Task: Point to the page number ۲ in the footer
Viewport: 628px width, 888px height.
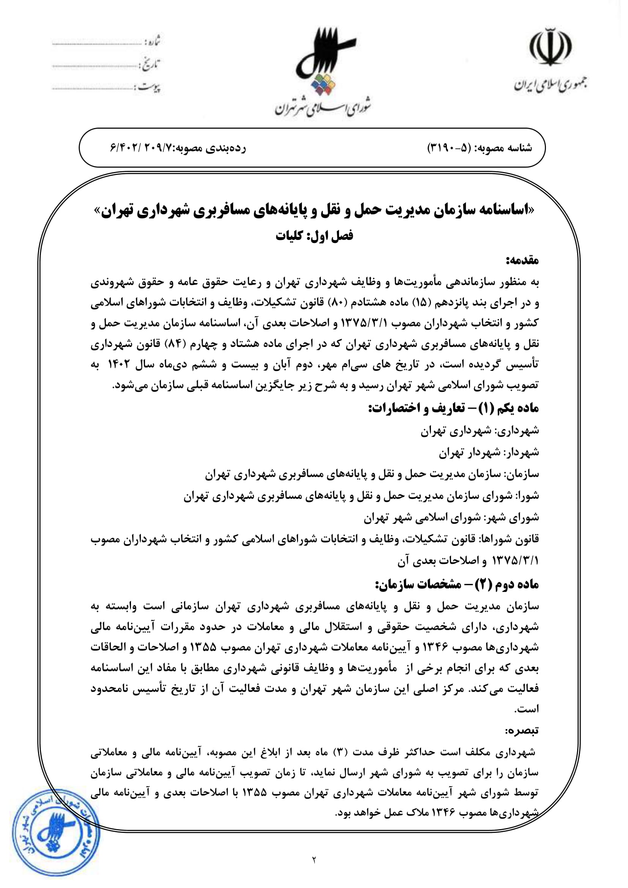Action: click(314, 871)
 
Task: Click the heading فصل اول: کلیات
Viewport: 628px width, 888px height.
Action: click(314, 235)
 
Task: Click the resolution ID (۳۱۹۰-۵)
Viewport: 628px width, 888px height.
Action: click(449, 148)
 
